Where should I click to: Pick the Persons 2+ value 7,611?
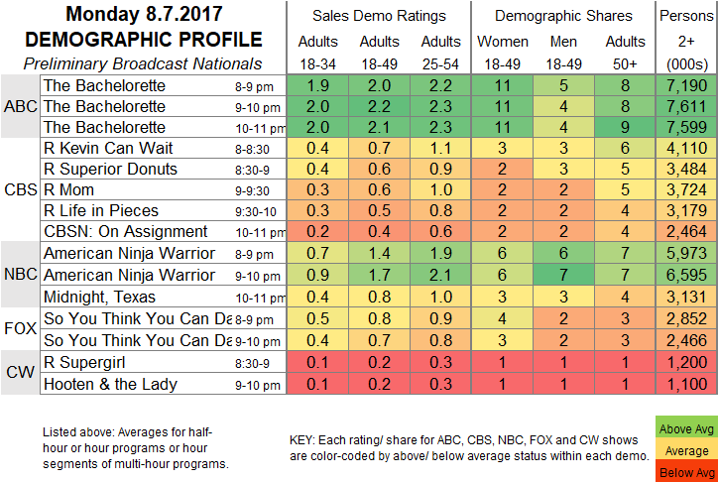click(x=685, y=105)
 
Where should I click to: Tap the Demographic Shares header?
click(x=564, y=16)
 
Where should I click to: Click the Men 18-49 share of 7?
click(x=564, y=273)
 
